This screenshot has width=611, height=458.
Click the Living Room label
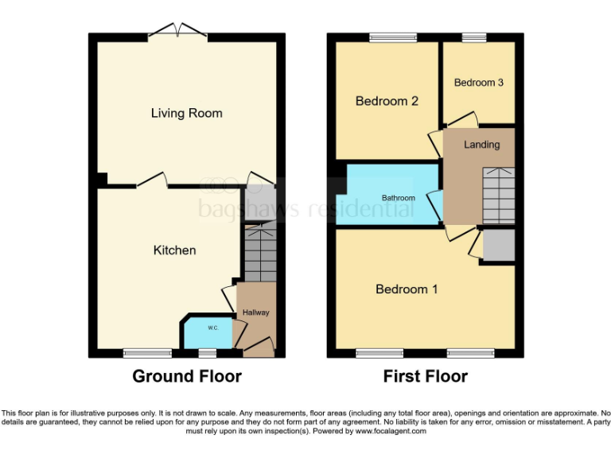coord(186,113)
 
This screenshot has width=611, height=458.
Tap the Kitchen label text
coord(174,250)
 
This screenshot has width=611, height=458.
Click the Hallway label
coord(256,312)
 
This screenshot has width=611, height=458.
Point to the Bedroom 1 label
coord(407,289)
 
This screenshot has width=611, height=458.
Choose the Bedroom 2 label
coord(387,101)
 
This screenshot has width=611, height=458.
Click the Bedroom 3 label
coord(478,83)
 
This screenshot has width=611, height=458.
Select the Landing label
coord(482,145)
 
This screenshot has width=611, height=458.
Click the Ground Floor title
coord(186,376)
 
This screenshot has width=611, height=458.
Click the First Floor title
coord(425,376)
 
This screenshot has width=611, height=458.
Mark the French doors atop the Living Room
coord(178,32)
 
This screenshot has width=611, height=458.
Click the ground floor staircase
coord(259,253)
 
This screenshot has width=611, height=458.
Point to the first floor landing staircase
coord(499,196)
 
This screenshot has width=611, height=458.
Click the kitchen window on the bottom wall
coord(147,353)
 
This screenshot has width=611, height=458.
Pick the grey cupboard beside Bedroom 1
coord(499,245)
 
